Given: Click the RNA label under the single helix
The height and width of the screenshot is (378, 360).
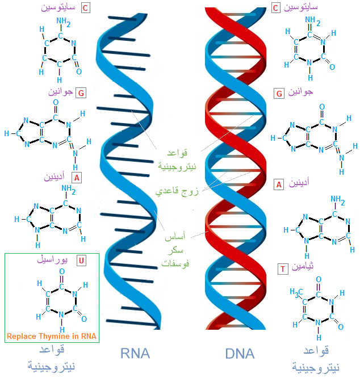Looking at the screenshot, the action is click(x=135, y=354).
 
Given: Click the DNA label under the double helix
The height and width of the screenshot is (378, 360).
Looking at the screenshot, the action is click(x=240, y=354).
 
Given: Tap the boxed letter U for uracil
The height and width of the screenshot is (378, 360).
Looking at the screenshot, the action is click(x=81, y=261).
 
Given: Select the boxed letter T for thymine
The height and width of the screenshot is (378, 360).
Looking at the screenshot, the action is click(x=283, y=269).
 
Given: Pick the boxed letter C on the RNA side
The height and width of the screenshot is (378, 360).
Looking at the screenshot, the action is click(x=85, y=8).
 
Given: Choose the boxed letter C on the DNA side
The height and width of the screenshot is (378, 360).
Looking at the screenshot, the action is click(x=275, y=8).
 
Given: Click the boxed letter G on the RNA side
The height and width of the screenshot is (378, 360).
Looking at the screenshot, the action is click(x=81, y=93).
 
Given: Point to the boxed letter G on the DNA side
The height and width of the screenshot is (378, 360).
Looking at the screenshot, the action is click(x=279, y=94).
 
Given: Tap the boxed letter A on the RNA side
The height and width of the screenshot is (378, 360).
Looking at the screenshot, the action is click(x=77, y=178).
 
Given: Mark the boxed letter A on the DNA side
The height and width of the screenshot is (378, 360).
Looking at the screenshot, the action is click(x=279, y=184).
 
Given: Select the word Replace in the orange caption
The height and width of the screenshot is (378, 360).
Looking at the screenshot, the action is click(x=22, y=337).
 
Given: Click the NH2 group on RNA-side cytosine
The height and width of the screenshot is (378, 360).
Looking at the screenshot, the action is click(x=64, y=22).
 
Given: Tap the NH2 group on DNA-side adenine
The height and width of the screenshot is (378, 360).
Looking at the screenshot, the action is click(x=338, y=200).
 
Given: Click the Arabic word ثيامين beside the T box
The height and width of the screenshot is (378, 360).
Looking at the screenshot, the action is click(x=303, y=266).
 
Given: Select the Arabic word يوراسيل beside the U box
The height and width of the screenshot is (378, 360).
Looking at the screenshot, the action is click(x=52, y=259).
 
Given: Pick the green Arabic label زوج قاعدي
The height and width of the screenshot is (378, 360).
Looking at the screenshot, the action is click(x=177, y=191).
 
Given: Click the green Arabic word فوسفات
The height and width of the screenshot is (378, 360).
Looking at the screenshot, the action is click(x=175, y=263).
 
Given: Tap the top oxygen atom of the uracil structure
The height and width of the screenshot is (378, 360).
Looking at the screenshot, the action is click(x=62, y=271).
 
